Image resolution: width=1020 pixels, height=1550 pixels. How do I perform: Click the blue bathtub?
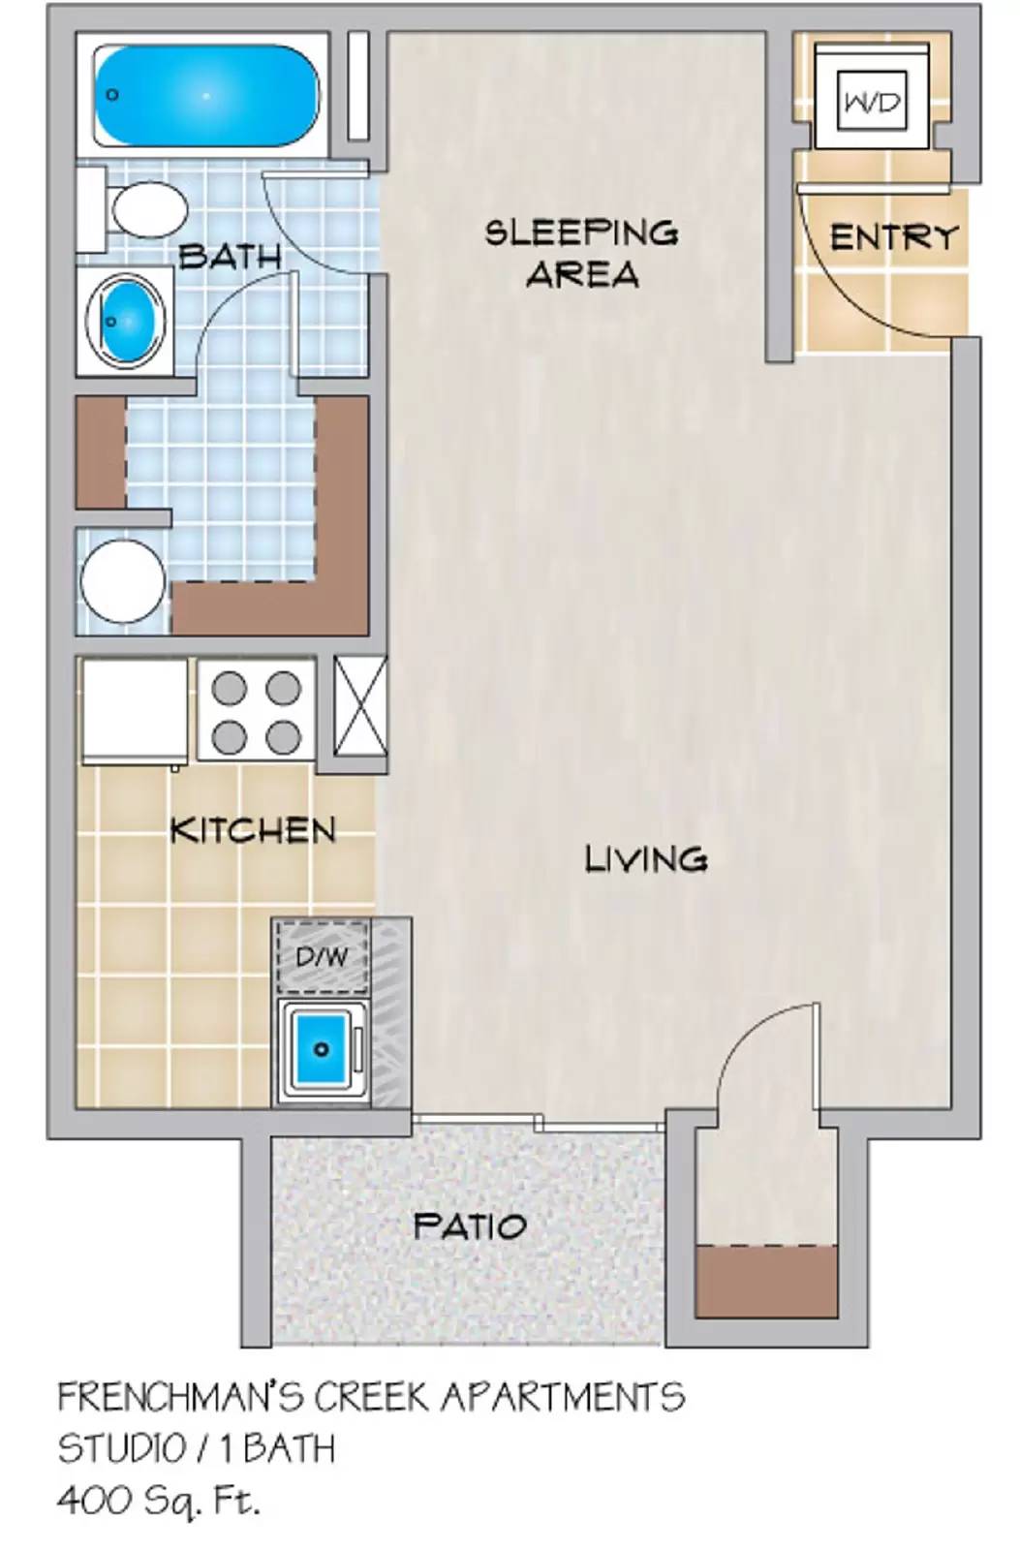[205, 95]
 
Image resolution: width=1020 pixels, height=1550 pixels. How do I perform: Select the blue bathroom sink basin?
[126, 319]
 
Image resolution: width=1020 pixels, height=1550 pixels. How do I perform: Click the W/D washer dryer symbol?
[872, 101]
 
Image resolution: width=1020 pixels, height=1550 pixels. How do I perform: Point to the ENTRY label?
[893, 237]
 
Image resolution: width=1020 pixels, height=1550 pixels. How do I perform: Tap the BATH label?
[231, 257]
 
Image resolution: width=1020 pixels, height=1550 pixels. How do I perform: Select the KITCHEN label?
[253, 830]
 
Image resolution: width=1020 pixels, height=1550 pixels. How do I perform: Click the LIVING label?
[646, 859]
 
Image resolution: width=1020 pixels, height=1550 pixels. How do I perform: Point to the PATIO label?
[470, 1226]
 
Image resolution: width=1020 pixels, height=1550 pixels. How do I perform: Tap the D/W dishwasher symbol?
[322, 958]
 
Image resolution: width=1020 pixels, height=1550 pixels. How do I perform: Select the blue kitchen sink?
[322, 1049]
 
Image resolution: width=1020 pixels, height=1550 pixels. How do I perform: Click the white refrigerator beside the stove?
[135, 711]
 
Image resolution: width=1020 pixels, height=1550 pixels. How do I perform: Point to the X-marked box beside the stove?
[360, 706]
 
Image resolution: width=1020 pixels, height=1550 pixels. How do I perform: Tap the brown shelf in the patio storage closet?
[766, 1281]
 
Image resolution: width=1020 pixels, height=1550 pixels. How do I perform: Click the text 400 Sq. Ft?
[159, 1501]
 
